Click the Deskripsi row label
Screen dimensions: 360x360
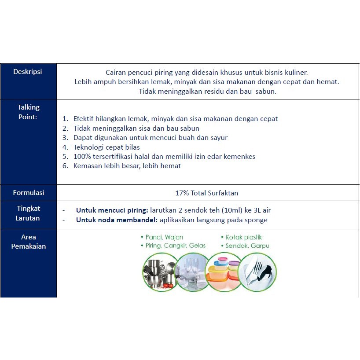click(28, 71)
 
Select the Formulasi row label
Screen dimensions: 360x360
click(29, 192)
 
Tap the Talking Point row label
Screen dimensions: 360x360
click(29, 112)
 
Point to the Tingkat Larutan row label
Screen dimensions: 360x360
click(29, 213)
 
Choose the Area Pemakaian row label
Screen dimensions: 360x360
click(29, 242)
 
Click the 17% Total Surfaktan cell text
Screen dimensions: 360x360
click(207, 193)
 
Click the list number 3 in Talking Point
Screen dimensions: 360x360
click(65, 138)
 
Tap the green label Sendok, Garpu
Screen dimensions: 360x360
click(247, 246)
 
